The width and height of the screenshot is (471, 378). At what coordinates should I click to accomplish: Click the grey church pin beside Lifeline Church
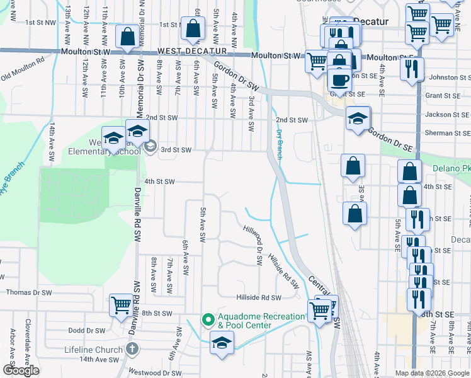point(131,348)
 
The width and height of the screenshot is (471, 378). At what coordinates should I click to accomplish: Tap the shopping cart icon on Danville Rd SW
point(122,307)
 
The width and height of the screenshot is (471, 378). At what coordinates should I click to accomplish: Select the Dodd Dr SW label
point(86,330)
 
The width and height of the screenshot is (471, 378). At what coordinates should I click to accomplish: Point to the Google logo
point(21,370)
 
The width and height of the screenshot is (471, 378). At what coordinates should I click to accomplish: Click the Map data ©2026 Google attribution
point(432,373)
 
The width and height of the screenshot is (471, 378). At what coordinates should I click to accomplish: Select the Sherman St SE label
point(448,133)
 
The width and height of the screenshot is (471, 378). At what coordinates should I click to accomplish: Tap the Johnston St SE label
point(450,77)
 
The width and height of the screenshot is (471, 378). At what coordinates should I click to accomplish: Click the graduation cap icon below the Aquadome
point(221,345)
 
